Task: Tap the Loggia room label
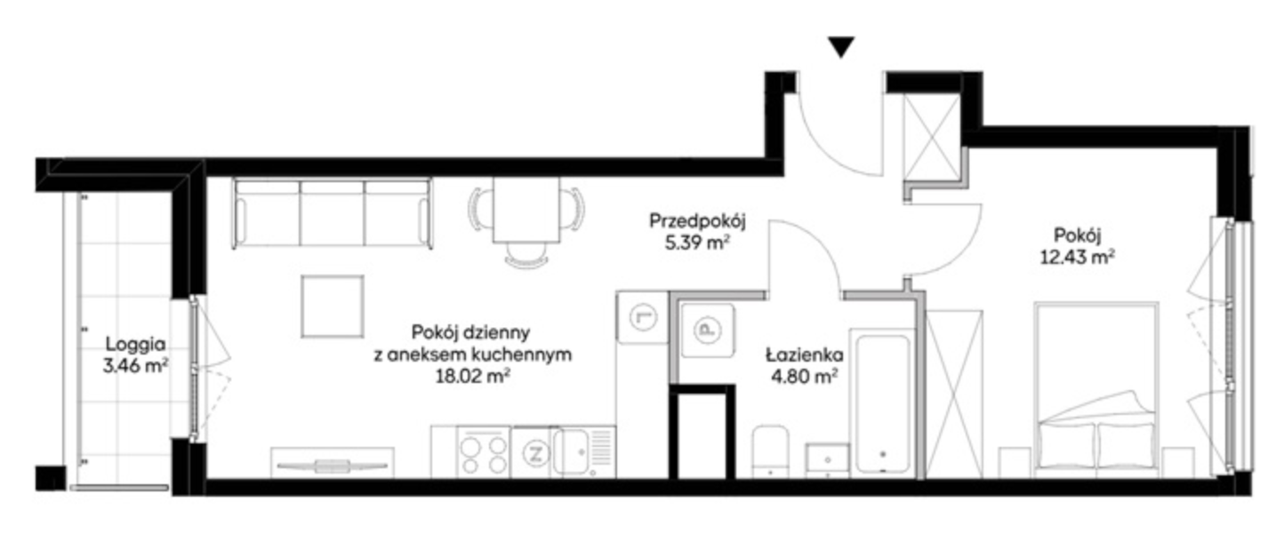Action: pyautogui.click(x=135, y=344)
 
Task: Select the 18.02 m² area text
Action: pyautogui.click(x=473, y=376)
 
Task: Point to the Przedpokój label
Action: pyautogui.click(x=697, y=221)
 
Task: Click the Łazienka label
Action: pyautogui.click(x=805, y=355)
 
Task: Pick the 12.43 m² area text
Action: pyautogui.click(x=1077, y=257)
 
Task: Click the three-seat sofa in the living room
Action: pyautogui.click(x=333, y=213)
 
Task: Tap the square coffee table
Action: pyautogui.click(x=333, y=306)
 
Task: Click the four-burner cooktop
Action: pyautogui.click(x=484, y=452)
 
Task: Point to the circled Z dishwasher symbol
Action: pyautogui.click(x=535, y=454)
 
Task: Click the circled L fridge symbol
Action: pyautogui.click(x=643, y=317)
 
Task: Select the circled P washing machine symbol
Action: pyautogui.click(x=706, y=330)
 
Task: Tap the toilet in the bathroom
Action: pyautogui.click(x=770, y=450)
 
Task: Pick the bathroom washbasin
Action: pyautogui.click(x=828, y=460)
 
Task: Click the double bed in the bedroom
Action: pyautogui.click(x=1096, y=388)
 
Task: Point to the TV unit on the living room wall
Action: pyautogui.click(x=333, y=463)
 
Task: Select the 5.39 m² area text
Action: pyautogui.click(x=697, y=243)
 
